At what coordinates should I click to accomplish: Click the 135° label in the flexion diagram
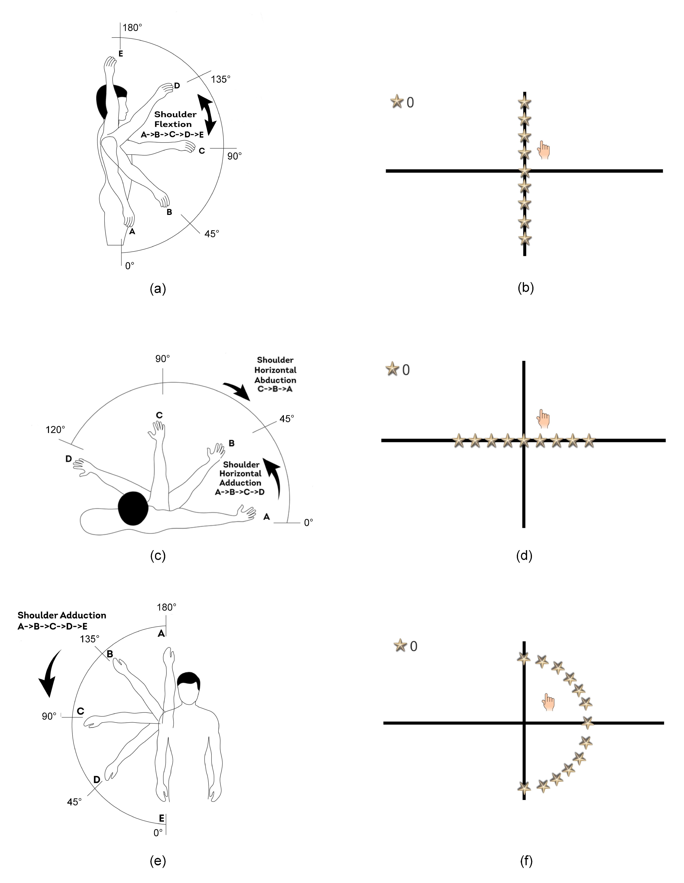coord(221,79)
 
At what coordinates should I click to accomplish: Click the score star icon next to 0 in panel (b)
coord(397,102)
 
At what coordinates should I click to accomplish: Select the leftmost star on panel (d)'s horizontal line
coord(459,440)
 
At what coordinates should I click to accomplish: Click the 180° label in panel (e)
coord(166,607)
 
